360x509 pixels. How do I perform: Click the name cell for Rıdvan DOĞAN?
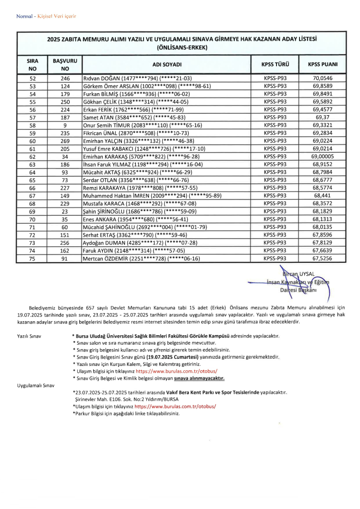(137, 78)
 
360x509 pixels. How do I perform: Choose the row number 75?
(33, 258)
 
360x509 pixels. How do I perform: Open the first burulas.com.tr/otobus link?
(177, 371)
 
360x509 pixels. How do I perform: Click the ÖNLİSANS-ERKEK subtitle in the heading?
(181, 48)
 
